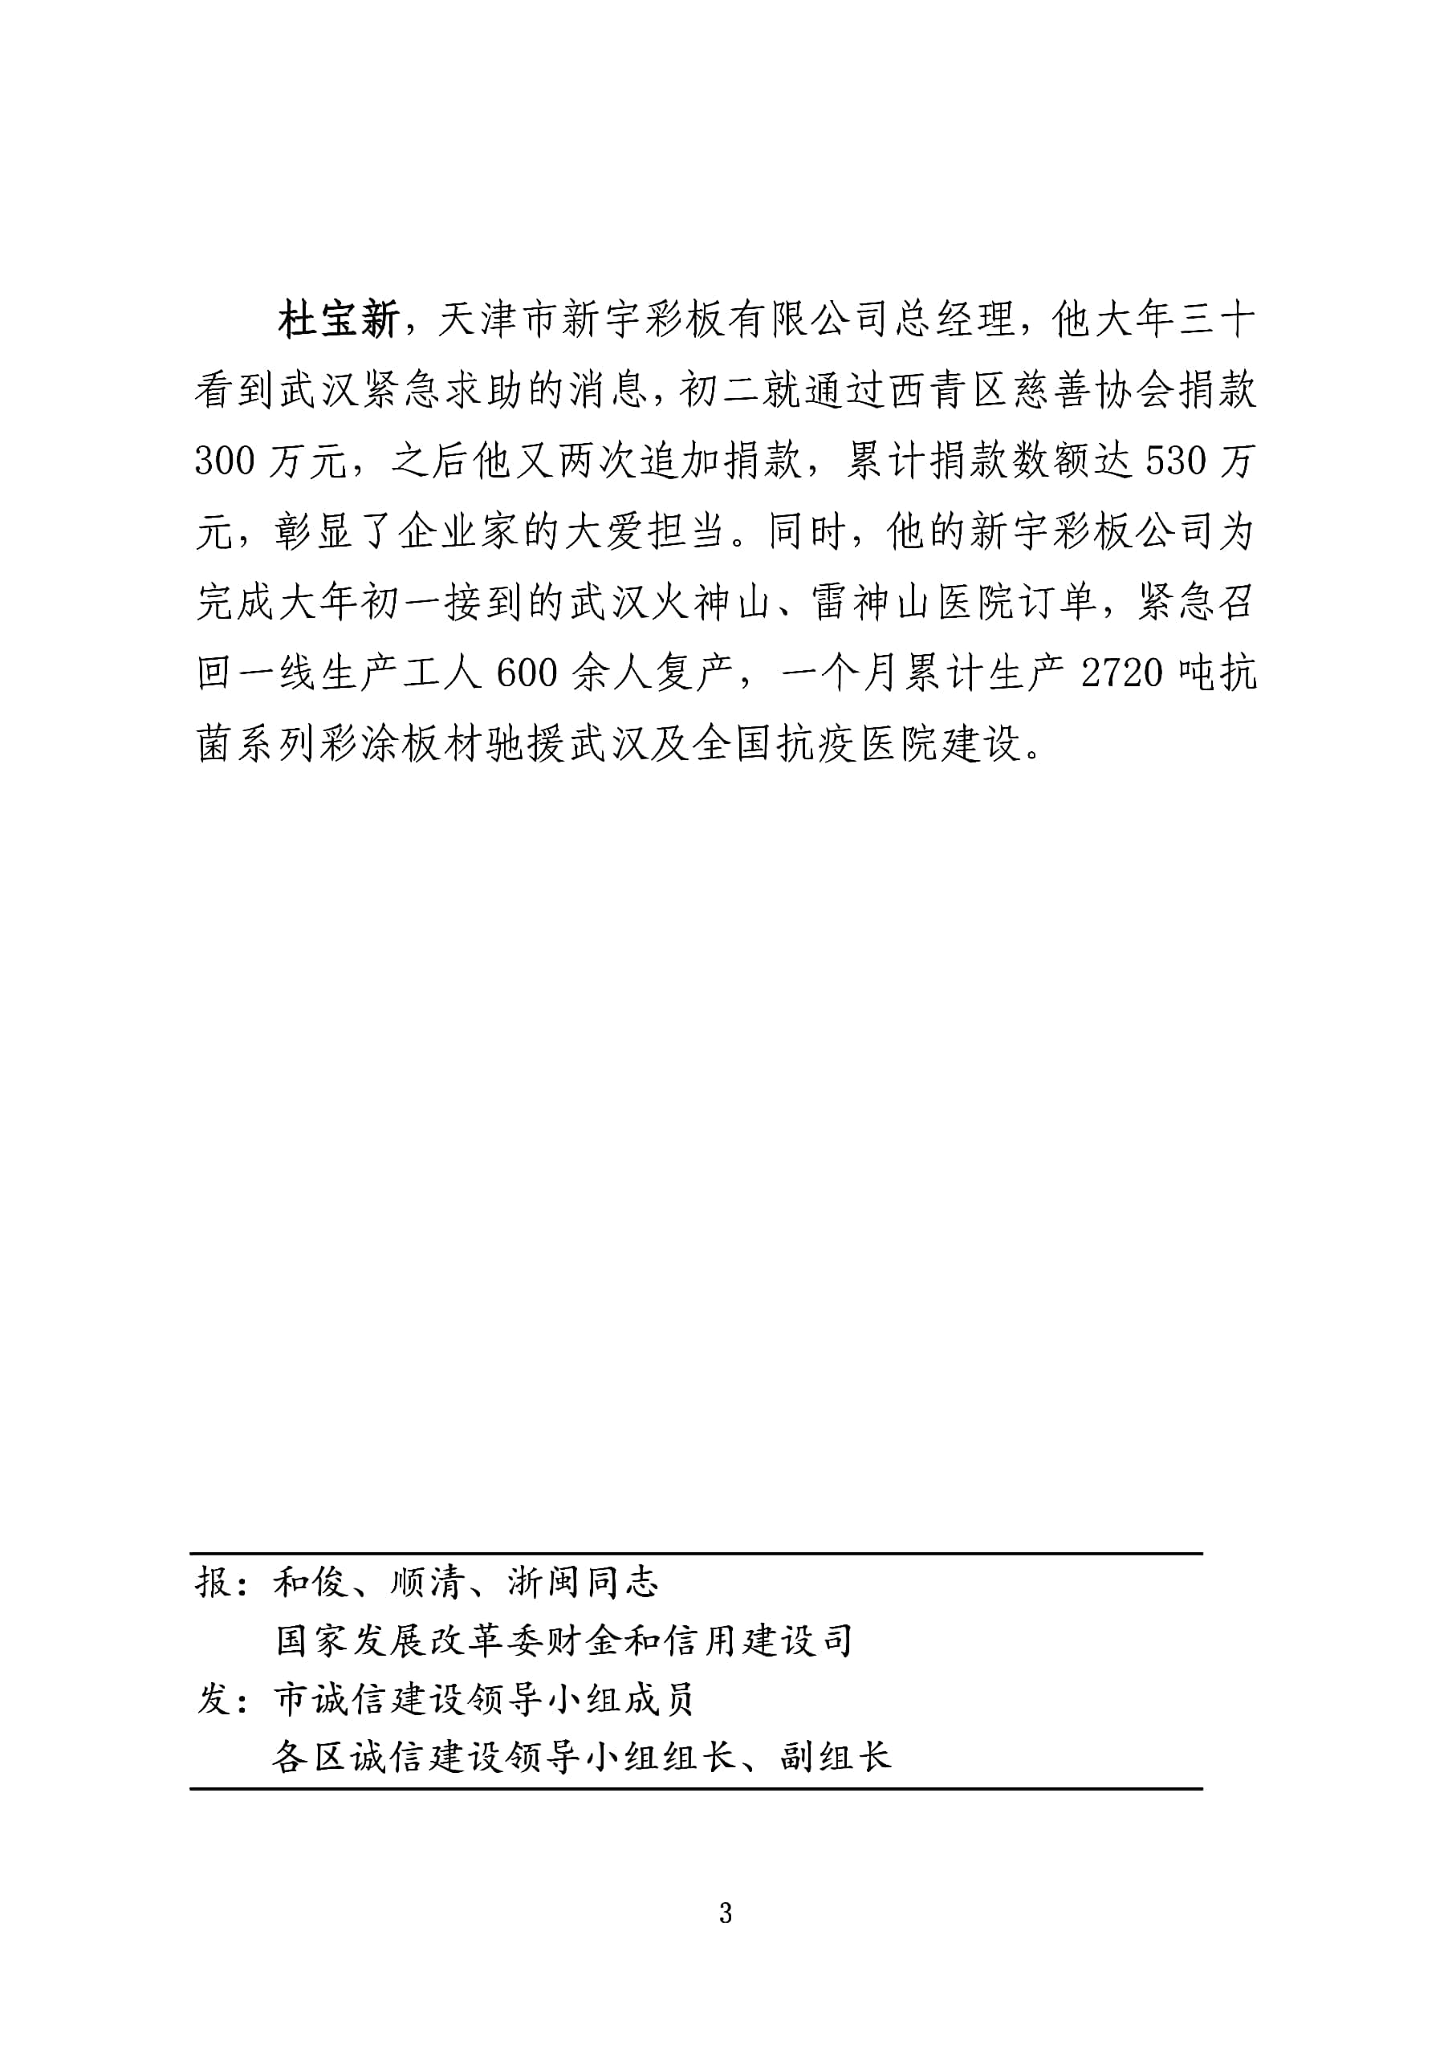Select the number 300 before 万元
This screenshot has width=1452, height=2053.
pos(226,461)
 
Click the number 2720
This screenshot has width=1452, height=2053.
pos(1123,673)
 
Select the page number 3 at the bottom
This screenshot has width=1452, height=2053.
pos(725,1913)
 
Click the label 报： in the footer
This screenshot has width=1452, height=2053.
pos(223,1583)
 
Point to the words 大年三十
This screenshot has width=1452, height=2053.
pos(1155,320)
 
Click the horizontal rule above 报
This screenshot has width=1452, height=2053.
pos(697,1553)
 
